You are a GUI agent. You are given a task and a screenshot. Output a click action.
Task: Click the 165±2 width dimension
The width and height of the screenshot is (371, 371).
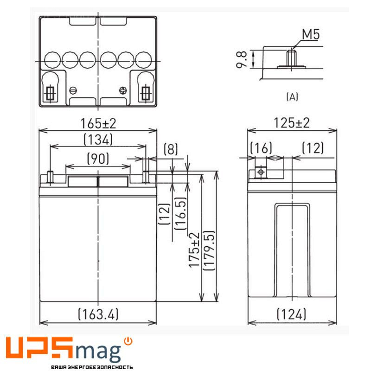click(x=97, y=124)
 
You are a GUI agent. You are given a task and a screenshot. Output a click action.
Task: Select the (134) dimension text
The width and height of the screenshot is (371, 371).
click(x=98, y=139)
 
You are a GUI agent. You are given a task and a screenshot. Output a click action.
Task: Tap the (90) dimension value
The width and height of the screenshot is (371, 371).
click(x=98, y=159)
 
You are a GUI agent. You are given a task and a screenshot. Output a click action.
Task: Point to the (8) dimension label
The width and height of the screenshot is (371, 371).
click(x=171, y=149)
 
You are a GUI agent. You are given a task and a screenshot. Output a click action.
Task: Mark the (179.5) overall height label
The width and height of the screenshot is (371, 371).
click(x=209, y=250)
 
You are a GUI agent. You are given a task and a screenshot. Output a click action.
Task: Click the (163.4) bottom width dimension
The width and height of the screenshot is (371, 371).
click(x=98, y=314)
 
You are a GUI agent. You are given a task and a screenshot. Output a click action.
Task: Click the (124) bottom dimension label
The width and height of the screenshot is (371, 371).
click(x=291, y=314)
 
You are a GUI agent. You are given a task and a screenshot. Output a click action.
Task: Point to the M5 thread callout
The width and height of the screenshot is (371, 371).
click(x=310, y=34)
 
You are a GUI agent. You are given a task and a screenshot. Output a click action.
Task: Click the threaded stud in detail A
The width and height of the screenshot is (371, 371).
click(x=292, y=58)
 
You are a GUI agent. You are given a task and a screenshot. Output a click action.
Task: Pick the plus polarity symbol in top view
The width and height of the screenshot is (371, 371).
click(x=123, y=90)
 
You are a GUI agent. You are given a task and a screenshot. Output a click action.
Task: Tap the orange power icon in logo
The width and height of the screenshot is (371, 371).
click(x=128, y=341)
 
